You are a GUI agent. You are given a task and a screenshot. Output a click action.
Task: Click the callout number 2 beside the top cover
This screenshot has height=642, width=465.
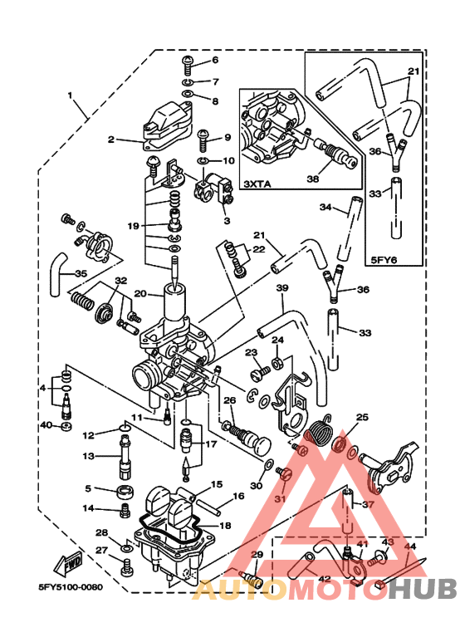tap(110, 140)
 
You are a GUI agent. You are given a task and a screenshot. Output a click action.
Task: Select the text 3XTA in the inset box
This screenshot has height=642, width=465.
tap(257, 182)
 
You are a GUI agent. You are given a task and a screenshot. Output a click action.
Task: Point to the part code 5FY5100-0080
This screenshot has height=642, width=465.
tap(70, 586)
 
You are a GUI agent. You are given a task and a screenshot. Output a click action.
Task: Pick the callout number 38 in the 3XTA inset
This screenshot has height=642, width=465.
tap(313, 178)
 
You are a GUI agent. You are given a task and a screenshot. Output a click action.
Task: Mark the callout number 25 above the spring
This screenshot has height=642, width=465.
tap(361, 417)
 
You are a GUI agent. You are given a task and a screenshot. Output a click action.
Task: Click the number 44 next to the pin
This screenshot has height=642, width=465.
tap(410, 546)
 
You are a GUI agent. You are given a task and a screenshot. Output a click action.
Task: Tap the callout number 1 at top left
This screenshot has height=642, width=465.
tap(71, 95)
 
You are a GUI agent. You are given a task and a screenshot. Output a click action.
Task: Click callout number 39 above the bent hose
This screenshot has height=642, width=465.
tap(281, 287)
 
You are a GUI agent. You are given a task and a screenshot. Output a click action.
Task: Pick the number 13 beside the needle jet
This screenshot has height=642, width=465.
tap(89, 455)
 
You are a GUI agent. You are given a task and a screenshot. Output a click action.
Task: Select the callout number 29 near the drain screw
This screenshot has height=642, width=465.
tap(257, 554)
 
